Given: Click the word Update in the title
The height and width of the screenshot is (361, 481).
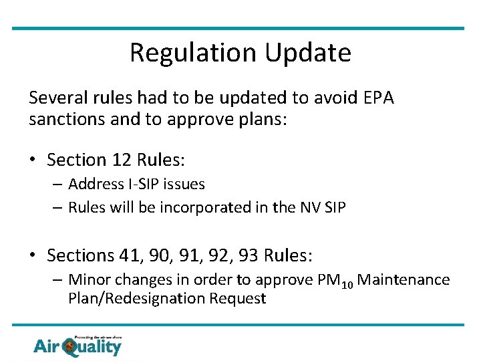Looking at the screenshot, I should click(x=312, y=53).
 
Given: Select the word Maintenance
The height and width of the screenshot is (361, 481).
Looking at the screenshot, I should click(x=404, y=279).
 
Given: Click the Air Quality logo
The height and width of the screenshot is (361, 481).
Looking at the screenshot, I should click(x=77, y=345).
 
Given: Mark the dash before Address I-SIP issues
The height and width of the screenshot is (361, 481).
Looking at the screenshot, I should click(x=58, y=184).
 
